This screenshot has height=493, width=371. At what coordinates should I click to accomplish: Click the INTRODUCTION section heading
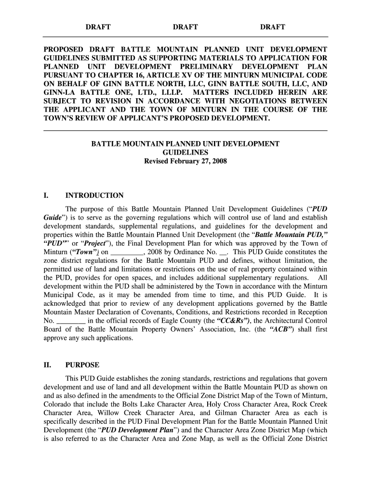94,195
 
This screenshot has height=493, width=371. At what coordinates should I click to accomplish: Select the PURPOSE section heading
82,365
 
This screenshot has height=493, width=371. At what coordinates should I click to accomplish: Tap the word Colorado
58,404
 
